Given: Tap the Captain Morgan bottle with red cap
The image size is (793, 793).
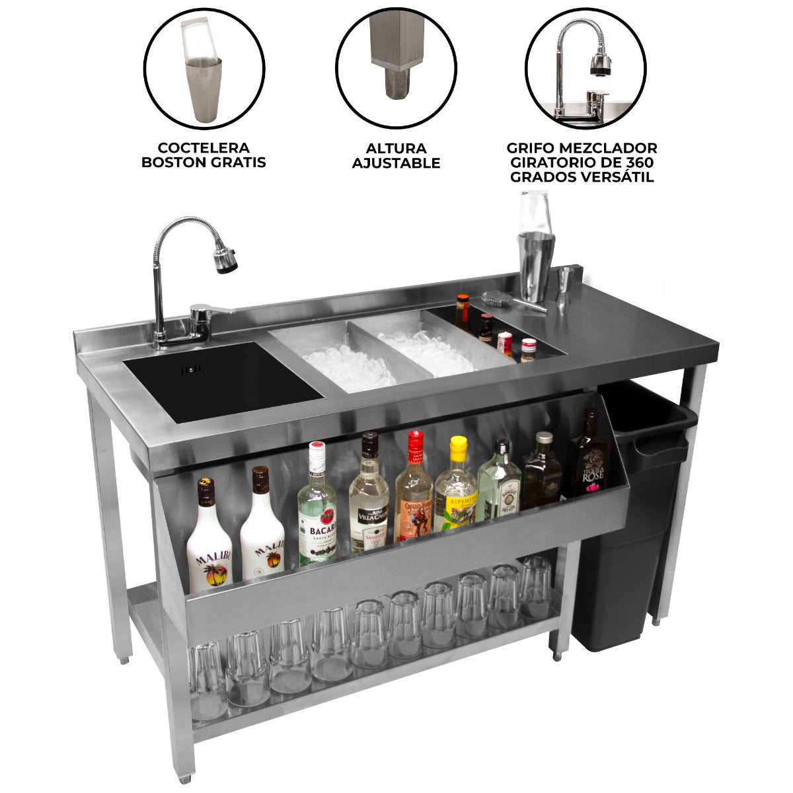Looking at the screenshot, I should tap(414, 492).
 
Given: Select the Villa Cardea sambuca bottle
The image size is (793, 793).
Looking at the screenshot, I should tap(368, 499).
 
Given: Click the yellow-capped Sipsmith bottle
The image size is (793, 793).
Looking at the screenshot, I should tap(456, 489).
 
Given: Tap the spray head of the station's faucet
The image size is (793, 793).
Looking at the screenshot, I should tap(225, 259).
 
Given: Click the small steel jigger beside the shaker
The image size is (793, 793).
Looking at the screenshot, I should tap(566, 279).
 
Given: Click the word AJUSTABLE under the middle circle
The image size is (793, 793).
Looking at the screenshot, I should tap(396, 163).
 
